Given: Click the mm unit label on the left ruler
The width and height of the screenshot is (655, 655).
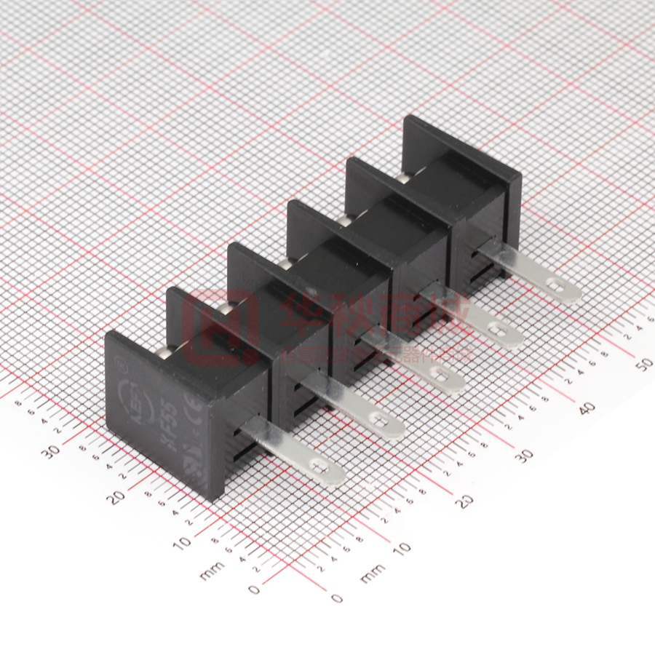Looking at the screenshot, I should click(x=209, y=573).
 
